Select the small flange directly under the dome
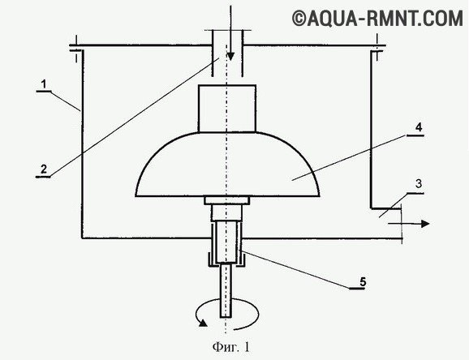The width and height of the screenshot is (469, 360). coord(228,200)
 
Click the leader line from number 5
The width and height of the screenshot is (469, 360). coord(300,270)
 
